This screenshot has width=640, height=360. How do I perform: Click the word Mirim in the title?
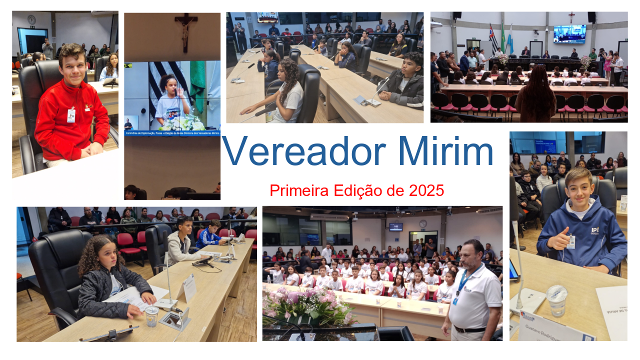point(446,151)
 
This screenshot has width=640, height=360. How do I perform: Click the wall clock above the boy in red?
point(31,19)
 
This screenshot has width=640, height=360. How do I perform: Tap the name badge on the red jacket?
point(71,115)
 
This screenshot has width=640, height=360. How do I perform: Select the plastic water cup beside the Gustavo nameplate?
point(556,300)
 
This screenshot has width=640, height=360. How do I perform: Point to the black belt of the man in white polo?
point(470,329)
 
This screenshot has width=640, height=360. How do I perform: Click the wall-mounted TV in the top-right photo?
point(569,34)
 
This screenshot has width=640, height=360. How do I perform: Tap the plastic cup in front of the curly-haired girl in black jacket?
point(151,315)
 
